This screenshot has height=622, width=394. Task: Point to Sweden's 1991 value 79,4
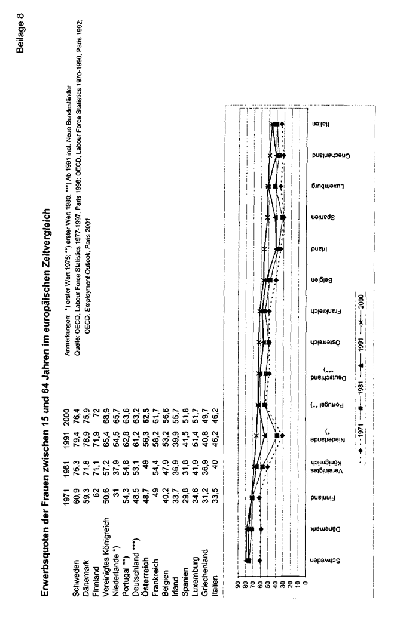click(x=74, y=390)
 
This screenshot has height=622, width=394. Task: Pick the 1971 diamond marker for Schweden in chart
click(x=261, y=561)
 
